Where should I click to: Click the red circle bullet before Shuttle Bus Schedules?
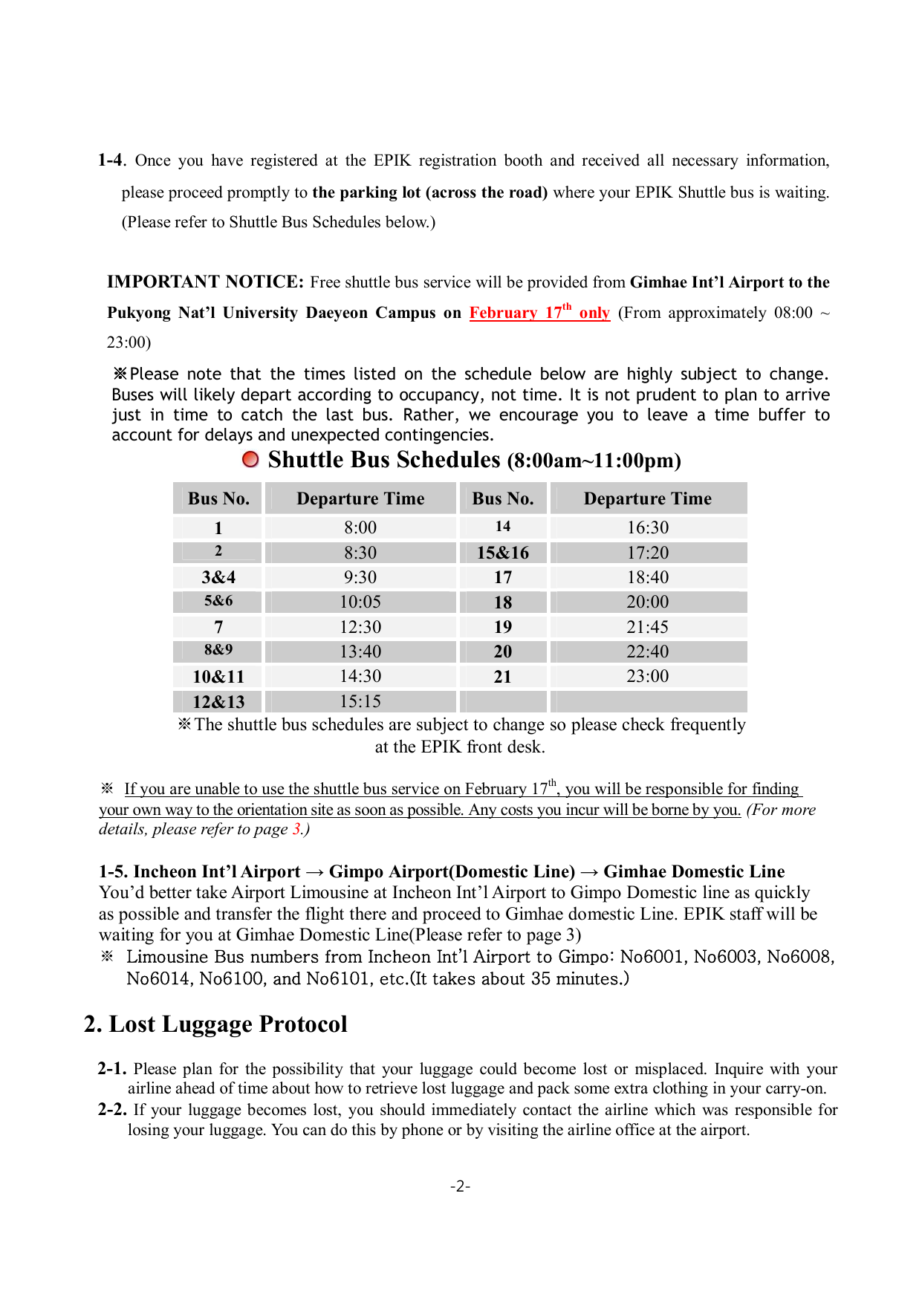point(251,460)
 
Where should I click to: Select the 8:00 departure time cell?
point(360,527)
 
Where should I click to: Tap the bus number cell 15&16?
point(503,553)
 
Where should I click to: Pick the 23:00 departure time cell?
point(648,676)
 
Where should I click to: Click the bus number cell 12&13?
point(218,702)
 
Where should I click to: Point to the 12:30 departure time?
point(360,627)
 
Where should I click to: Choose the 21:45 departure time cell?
point(648,627)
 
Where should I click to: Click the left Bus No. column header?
point(218,498)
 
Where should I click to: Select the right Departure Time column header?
point(648,498)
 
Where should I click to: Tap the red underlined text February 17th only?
point(539,313)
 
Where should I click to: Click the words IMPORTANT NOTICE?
point(205,282)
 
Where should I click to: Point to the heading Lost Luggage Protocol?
point(228,1024)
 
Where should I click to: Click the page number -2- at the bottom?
point(461,1186)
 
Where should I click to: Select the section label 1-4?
point(111,160)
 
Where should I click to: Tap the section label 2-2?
point(112,1110)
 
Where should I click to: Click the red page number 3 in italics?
point(296,830)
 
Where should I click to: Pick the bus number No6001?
point(652,957)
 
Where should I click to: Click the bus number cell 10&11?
point(218,677)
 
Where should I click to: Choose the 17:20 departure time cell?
point(648,553)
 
